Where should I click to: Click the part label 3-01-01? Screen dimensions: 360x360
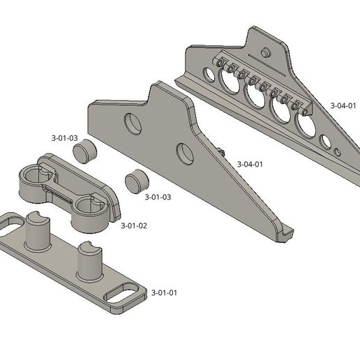(165, 292)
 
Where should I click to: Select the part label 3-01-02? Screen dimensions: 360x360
(134, 226)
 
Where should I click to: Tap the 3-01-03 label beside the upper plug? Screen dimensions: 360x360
(64, 138)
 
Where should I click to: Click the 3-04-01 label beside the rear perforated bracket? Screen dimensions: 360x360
(343, 106)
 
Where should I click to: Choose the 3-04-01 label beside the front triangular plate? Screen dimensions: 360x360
(249, 164)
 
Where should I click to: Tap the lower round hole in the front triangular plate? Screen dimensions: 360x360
(185, 153)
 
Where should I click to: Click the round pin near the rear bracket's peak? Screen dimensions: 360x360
(266, 52)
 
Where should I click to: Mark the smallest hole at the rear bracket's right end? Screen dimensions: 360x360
(338, 151)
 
